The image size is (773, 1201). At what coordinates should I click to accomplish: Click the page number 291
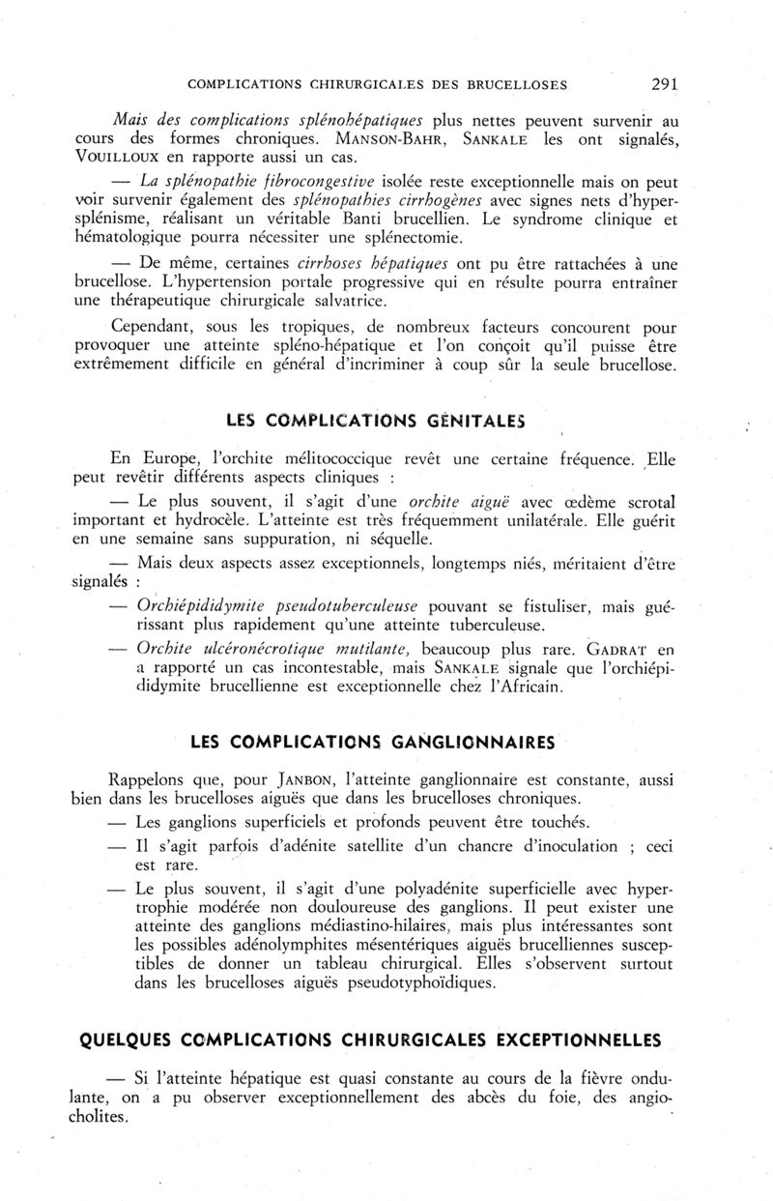tap(666, 84)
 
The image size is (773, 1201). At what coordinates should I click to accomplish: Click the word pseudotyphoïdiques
tap(413, 984)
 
